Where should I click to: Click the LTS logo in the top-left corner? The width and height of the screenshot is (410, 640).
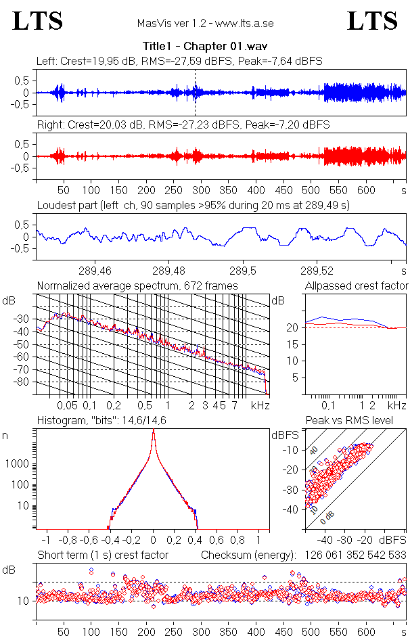[39, 21]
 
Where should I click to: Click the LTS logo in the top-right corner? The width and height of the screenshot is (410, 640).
[372, 21]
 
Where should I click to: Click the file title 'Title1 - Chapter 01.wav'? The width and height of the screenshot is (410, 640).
[204, 46]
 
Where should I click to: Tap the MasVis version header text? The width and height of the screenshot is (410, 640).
[204, 24]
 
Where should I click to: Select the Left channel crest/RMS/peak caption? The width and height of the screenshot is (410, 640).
[179, 61]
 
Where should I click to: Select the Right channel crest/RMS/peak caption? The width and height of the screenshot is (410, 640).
[183, 124]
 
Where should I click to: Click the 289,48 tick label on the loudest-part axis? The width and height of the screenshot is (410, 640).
[169, 273]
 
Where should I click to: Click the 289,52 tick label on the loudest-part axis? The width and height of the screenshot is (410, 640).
[319, 273]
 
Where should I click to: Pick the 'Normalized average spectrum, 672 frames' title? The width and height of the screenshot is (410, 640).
[137, 286]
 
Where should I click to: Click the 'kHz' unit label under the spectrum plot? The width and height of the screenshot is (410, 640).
[260, 405]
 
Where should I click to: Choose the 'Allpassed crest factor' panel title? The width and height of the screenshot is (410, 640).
[357, 286]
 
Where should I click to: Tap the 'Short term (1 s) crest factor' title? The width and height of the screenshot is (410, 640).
[102, 555]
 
